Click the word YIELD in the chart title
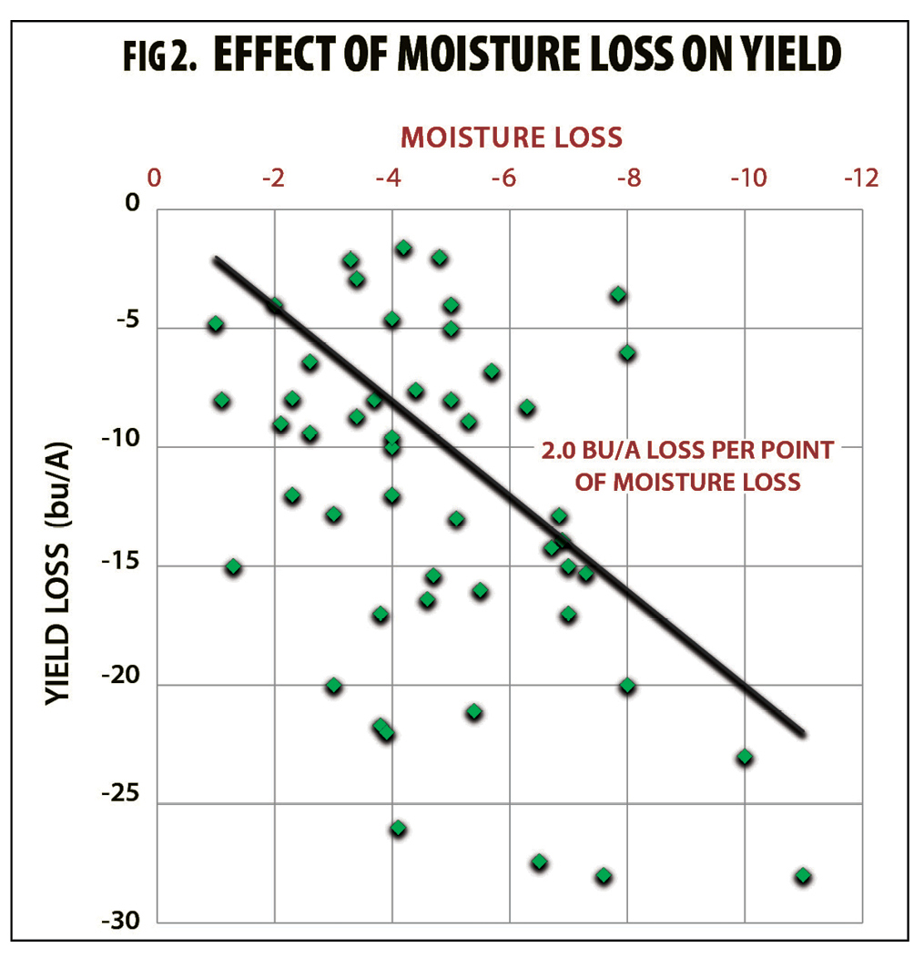(x=791, y=56)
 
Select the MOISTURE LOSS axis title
(x=512, y=137)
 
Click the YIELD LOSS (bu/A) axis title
(x=63, y=570)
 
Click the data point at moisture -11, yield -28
(x=803, y=876)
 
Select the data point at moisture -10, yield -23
(x=745, y=757)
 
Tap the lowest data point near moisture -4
(x=398, y=829)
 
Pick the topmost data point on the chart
(x=403, y=249)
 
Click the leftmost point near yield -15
(x=233, y=566)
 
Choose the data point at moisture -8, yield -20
(x=627, y=686)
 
